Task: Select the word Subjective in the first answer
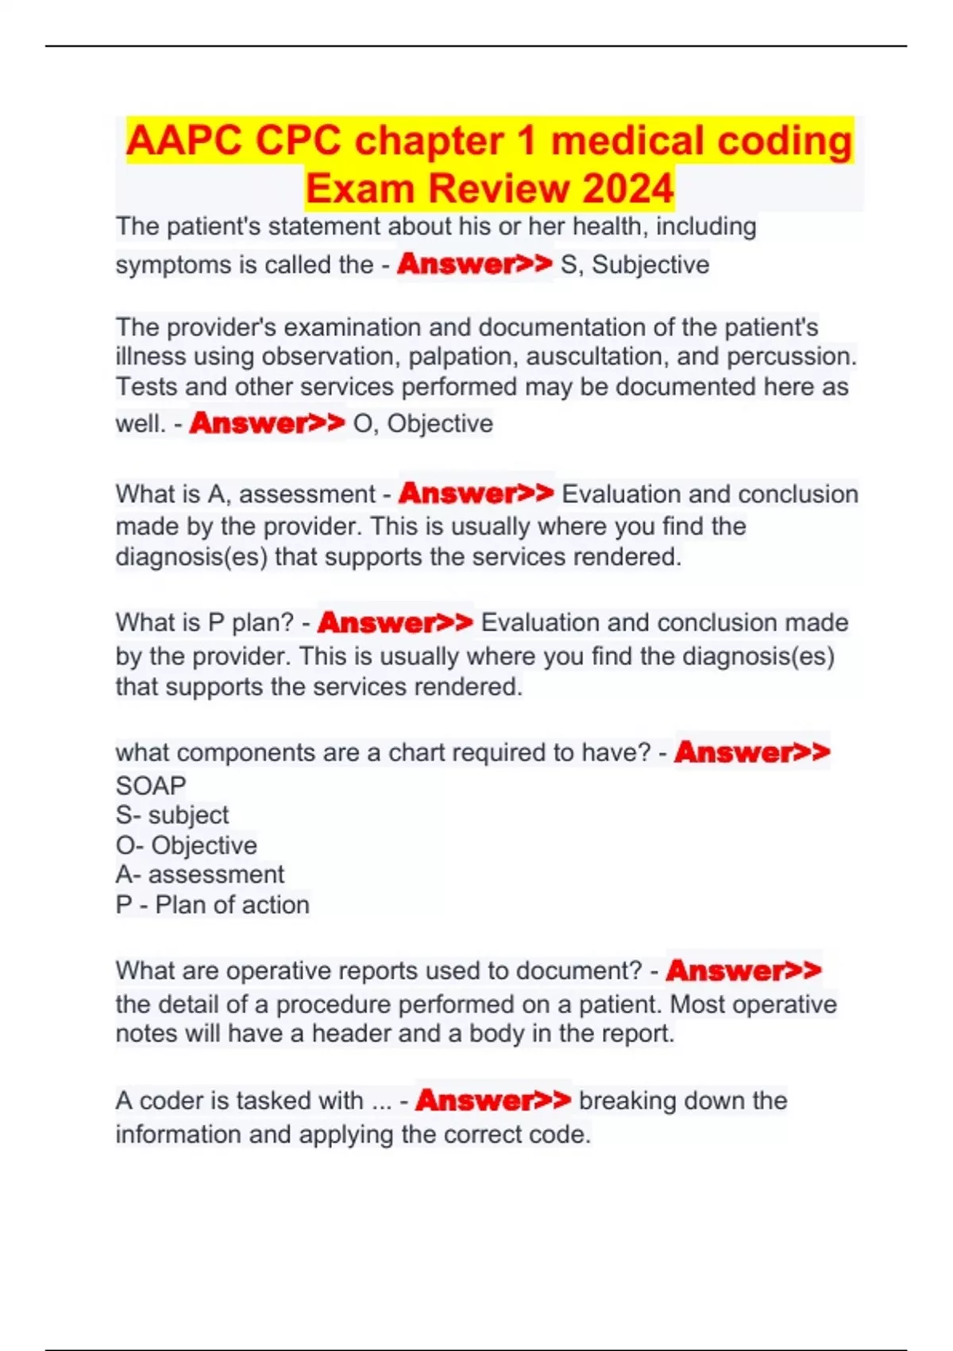650,265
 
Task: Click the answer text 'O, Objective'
422,424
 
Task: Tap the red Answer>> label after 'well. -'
267,423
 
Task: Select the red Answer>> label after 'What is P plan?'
395,622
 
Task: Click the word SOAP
151,785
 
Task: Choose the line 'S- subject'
172,815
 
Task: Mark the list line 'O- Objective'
187,845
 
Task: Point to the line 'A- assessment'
200,874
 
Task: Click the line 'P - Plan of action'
213,904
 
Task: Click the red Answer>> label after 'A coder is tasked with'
492,1101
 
